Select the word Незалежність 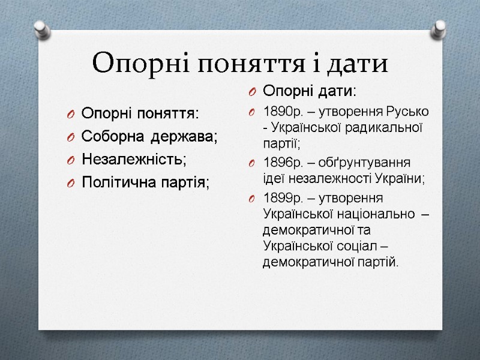134,160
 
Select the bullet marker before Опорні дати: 253,91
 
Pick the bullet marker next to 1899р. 253,199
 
